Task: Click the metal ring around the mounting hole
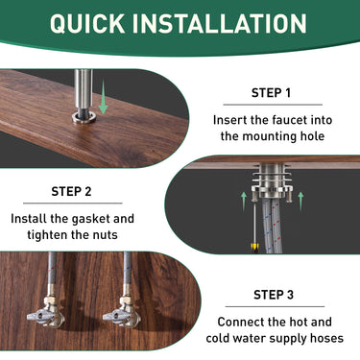click(x=82, y=118)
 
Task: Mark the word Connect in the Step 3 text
click(x=242, y=322)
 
